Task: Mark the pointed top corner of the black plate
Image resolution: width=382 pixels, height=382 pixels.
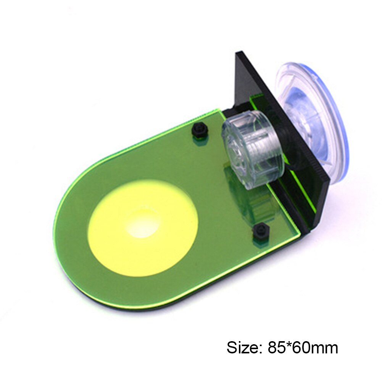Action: click(239, 53)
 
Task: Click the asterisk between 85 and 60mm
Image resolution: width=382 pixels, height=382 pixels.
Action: click(285, 345)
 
